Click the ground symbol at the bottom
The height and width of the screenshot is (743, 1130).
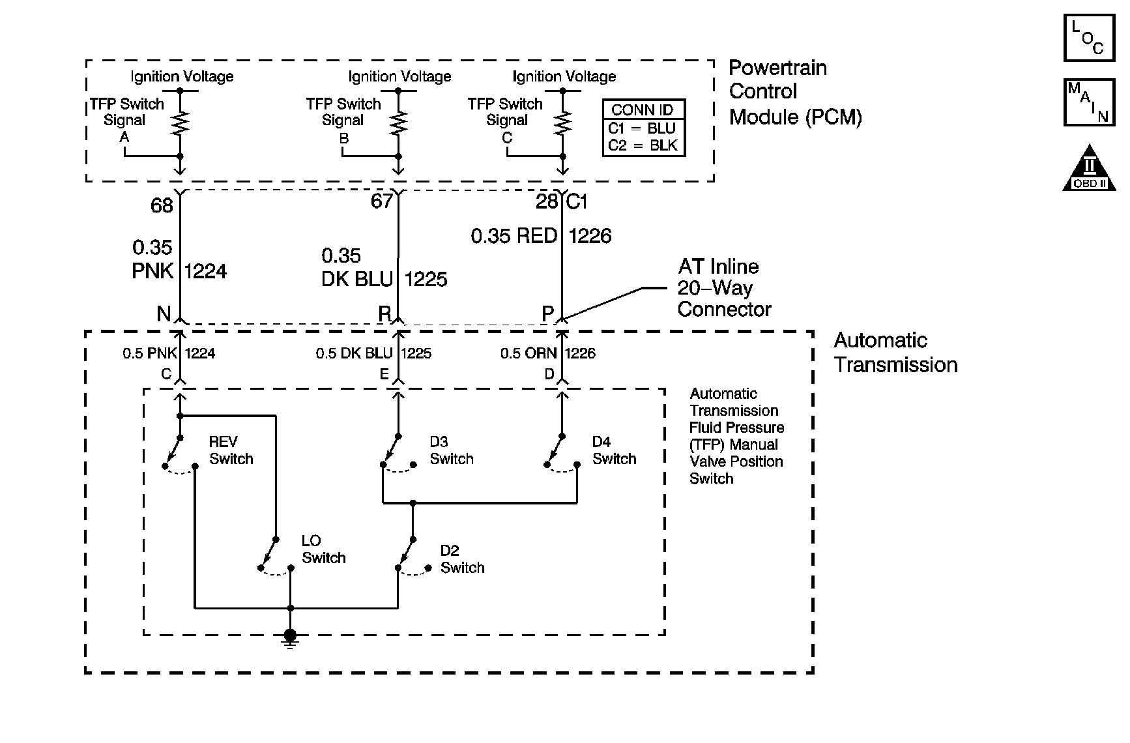click(291, 638)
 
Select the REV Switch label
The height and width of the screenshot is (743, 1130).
click(231, 450)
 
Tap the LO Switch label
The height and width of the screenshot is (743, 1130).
click(323, 549)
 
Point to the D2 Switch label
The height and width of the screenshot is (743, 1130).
click(462, 559)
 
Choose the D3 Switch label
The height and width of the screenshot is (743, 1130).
click(451, 450)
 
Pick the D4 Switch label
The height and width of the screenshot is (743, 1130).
click(614, 450)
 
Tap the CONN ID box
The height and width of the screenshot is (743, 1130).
click(644, 128)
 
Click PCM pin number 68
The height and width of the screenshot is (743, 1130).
click(162, 206)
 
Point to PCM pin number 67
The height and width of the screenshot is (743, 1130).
click(382, 201)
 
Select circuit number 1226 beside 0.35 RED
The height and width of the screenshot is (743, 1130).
click(590, 236)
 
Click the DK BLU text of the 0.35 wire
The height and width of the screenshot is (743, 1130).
click(357, 279)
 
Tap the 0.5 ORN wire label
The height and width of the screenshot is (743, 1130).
click(529, 353)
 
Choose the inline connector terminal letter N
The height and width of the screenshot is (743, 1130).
click(164, 314)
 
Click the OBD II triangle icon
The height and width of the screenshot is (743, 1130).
click(1086, 167)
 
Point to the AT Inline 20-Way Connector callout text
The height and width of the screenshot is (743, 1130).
click(724, 287)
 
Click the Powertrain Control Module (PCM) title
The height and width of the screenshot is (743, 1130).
click(795, 93)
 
